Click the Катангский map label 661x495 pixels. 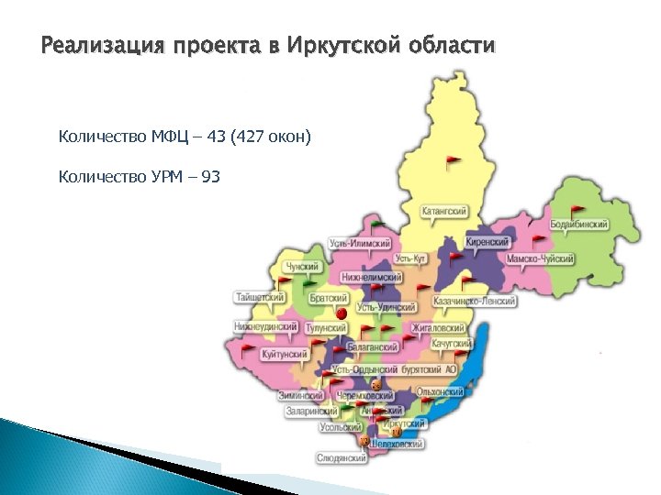[x=444, y=212]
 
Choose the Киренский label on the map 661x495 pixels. [x=487, y=243]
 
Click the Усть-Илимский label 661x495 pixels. [x=361, y=244]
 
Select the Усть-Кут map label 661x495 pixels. [x=410, y=260]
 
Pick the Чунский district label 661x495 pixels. [x=303, y=267]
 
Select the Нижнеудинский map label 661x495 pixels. [x=265, y=326]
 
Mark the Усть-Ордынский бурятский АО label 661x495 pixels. [x=400, y=368]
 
